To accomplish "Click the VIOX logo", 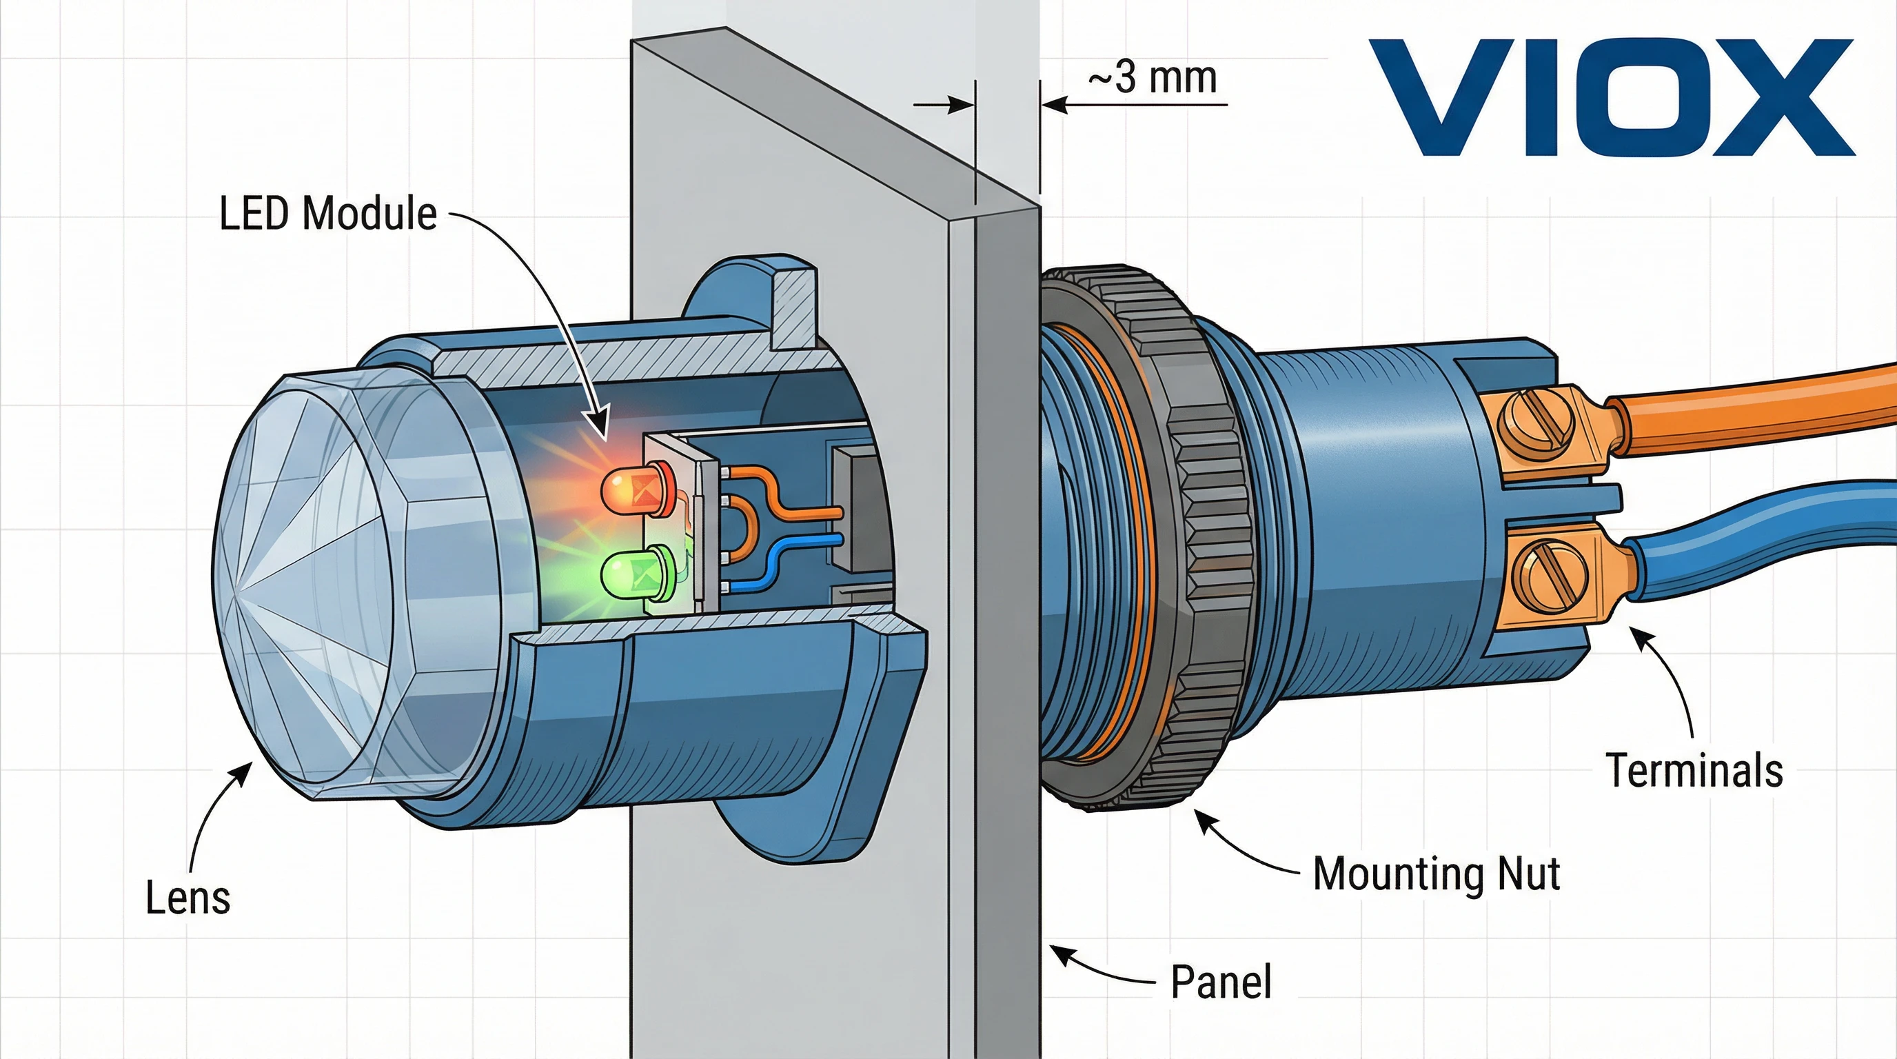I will click(x=1610, y=97).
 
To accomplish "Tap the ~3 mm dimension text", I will click(x=1153, y=77).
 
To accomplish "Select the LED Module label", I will click(x=328, y=214).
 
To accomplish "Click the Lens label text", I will click(x=187, y=898).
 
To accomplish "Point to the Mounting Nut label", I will click(x=1436, y=874).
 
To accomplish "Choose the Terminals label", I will click(x=1694, y=770).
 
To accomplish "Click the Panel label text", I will click(x=1221, y=982).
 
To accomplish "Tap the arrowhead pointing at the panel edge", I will click(x=1059, y=953).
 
